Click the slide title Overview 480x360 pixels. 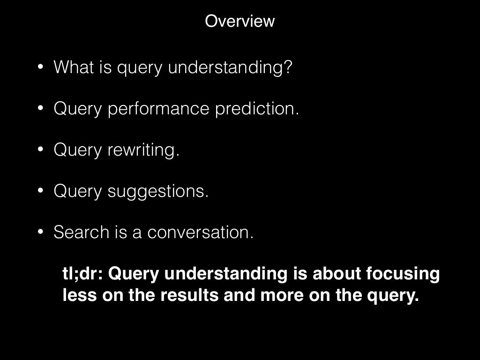coord(240,21)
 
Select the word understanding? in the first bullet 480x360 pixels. coord(230,67)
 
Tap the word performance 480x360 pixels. coord(159,109)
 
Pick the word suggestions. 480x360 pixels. coord(158,191)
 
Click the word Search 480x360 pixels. coord(81,232)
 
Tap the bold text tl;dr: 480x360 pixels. coord(82,274)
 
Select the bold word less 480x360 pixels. coord(77,296)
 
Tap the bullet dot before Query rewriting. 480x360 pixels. coord(41,150)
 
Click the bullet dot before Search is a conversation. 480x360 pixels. coord(41,232)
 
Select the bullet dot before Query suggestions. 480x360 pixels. coord(41,190)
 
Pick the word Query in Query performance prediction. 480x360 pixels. coord(78,109)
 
